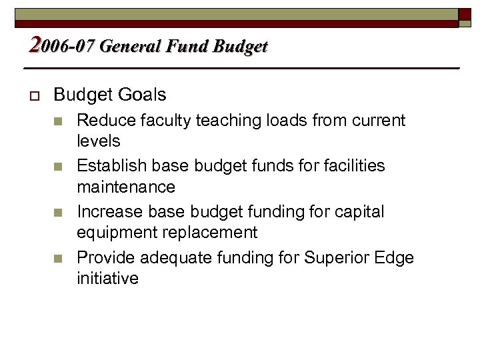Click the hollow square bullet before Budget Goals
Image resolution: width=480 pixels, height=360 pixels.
click(33, 95)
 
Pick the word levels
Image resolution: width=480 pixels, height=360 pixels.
click(99, 141)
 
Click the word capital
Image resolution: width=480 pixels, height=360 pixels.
click(360, 211)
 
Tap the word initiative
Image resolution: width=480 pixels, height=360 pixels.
click(108, 277)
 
